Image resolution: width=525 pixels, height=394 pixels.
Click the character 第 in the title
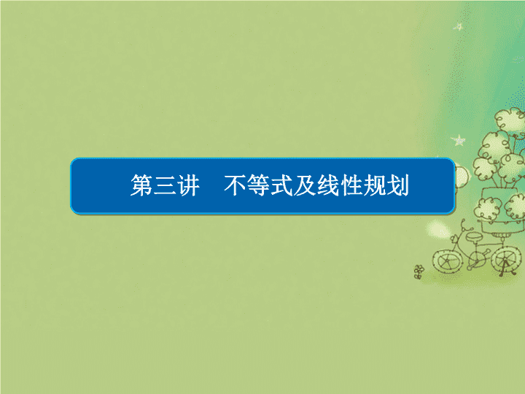pyautogui.click(x=141, y=185)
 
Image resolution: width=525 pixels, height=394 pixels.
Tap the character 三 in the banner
pyautogui.click(x=165, y=185)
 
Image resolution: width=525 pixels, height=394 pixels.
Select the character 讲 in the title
pyautogui.click(x=188, y=185)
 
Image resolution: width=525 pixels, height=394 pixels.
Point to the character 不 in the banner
pyautogui.click(x=235, y=185)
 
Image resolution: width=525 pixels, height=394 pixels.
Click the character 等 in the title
pyautogui.click(x=258, y=185)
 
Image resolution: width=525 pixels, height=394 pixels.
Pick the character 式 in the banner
pyautogui.click(x=281, y=185)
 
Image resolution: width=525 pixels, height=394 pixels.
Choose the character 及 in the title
pyautogui.click(x=305, y=185)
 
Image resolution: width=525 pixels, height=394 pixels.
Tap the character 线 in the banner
pyautogui.click(x=328, y=185)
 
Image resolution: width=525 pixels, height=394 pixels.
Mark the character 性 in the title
pyautogui.click(x=351, y=185)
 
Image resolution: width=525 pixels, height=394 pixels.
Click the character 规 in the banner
pyautogui.click(x=375, y=185)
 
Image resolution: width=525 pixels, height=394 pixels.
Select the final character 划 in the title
pyautogui.click(x=398, y=185)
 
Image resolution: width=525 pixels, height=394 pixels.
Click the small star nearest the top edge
pyautogui.click(x=459, y=26)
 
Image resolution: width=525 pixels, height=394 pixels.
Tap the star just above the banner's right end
pyautogui.click(x=459, y=140)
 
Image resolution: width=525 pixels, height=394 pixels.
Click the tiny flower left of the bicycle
pyautogui.click(x=419, y=271)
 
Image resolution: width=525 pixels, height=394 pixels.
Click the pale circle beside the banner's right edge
pyautogui.click(x=462, y=175)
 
